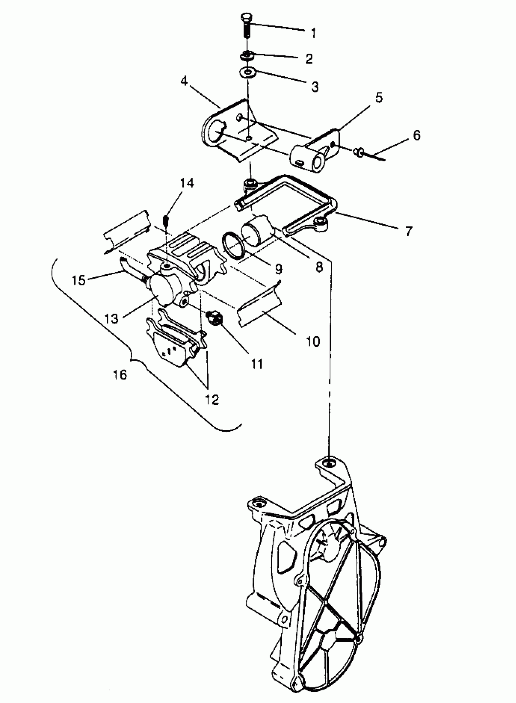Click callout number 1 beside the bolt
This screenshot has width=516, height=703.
[314, 32]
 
